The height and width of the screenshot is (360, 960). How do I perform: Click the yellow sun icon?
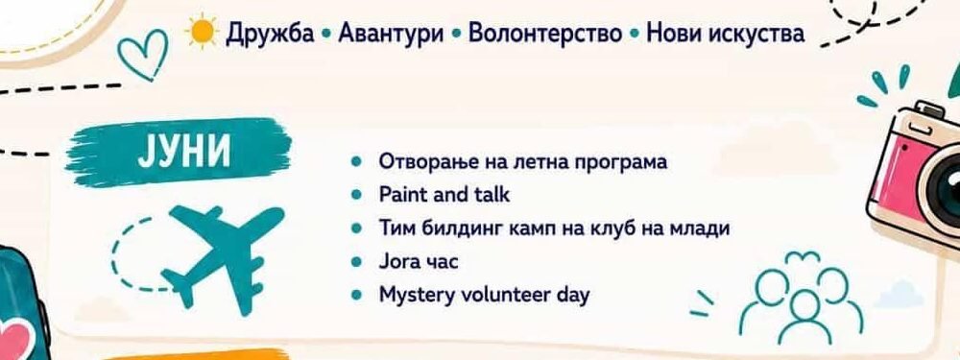(202, 32)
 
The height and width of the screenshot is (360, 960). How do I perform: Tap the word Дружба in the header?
(270, 34)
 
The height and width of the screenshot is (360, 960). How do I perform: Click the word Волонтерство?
(545, 34)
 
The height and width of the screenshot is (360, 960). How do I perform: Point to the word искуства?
(756, 34)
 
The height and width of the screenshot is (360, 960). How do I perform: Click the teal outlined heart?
(142, 54)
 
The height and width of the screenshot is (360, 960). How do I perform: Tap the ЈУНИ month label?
(183, 152)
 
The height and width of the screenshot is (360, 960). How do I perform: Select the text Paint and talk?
(444, 195)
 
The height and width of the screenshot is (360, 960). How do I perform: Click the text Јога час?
(419, 262)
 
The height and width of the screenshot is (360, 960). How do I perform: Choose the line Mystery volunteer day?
(484, 296)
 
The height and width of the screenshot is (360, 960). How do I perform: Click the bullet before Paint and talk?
(357, 195)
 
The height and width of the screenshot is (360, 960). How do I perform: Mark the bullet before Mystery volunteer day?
(357, 296)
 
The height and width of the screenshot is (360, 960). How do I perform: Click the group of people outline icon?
(800, 297)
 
